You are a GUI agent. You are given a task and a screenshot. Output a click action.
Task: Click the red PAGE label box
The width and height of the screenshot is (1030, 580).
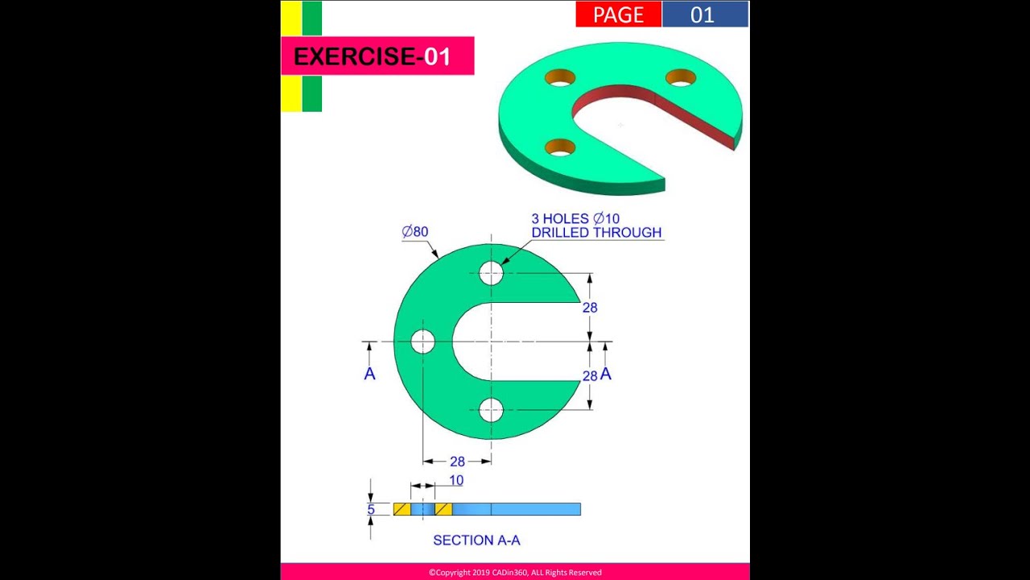point(619,14)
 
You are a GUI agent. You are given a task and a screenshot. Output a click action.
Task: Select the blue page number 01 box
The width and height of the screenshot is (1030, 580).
point(706,14)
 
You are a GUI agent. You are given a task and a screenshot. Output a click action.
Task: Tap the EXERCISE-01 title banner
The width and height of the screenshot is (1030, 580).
point(377,56)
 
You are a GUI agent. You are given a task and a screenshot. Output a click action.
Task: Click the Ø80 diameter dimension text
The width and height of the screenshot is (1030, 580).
point(414,231)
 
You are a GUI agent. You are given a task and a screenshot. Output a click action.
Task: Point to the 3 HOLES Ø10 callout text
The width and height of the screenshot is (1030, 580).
point(575,218)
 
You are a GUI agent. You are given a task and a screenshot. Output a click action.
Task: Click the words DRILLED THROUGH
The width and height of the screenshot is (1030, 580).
point(596,233)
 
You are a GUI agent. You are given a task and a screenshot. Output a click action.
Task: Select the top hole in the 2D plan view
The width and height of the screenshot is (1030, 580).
point(491,273)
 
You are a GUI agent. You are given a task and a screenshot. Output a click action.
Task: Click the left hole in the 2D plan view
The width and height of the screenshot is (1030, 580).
point(422,342)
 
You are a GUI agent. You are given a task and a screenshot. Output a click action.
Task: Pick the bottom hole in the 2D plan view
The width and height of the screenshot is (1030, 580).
point(491,410)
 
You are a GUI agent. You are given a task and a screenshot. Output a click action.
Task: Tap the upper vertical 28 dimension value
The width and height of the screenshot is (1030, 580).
point(590,308)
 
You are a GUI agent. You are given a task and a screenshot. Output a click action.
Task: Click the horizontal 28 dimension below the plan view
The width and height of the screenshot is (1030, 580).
point(457,462)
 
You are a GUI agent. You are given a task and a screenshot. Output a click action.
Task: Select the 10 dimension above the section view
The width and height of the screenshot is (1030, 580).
point(456,480)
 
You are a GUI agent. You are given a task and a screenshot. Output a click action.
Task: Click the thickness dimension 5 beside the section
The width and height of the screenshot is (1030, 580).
point(371,510)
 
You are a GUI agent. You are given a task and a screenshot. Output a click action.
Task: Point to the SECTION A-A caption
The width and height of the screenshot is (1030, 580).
point(476,540)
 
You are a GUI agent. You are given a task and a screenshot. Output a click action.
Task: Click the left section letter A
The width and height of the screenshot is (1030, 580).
point(369,374)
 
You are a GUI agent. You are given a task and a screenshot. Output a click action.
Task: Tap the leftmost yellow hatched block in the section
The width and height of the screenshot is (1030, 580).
point(402,509)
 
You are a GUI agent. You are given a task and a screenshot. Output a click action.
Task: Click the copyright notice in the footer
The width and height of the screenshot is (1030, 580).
point(515,573)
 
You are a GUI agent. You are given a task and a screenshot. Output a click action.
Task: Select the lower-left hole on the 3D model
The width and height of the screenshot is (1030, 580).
point(559,147)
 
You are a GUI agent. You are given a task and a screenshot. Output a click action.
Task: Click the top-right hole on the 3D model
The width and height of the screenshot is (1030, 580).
point(681,77)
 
